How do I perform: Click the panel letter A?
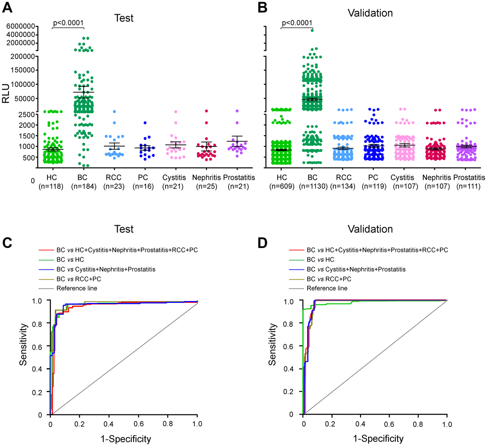[7, 8]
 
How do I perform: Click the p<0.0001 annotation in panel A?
[68, 23]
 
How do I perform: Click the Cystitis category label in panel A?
[174, 178]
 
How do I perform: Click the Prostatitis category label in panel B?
[469, 178]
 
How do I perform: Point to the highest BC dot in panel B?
[312, 30]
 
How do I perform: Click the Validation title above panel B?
[370, 13]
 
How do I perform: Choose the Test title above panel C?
[124, 229]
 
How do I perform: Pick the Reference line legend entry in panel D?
[327, 288]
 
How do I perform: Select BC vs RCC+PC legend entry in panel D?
[329, 279]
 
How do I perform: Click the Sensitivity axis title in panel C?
[24, 344]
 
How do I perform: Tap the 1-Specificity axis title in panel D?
[378, 439]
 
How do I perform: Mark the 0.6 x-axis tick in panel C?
[138, 424]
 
